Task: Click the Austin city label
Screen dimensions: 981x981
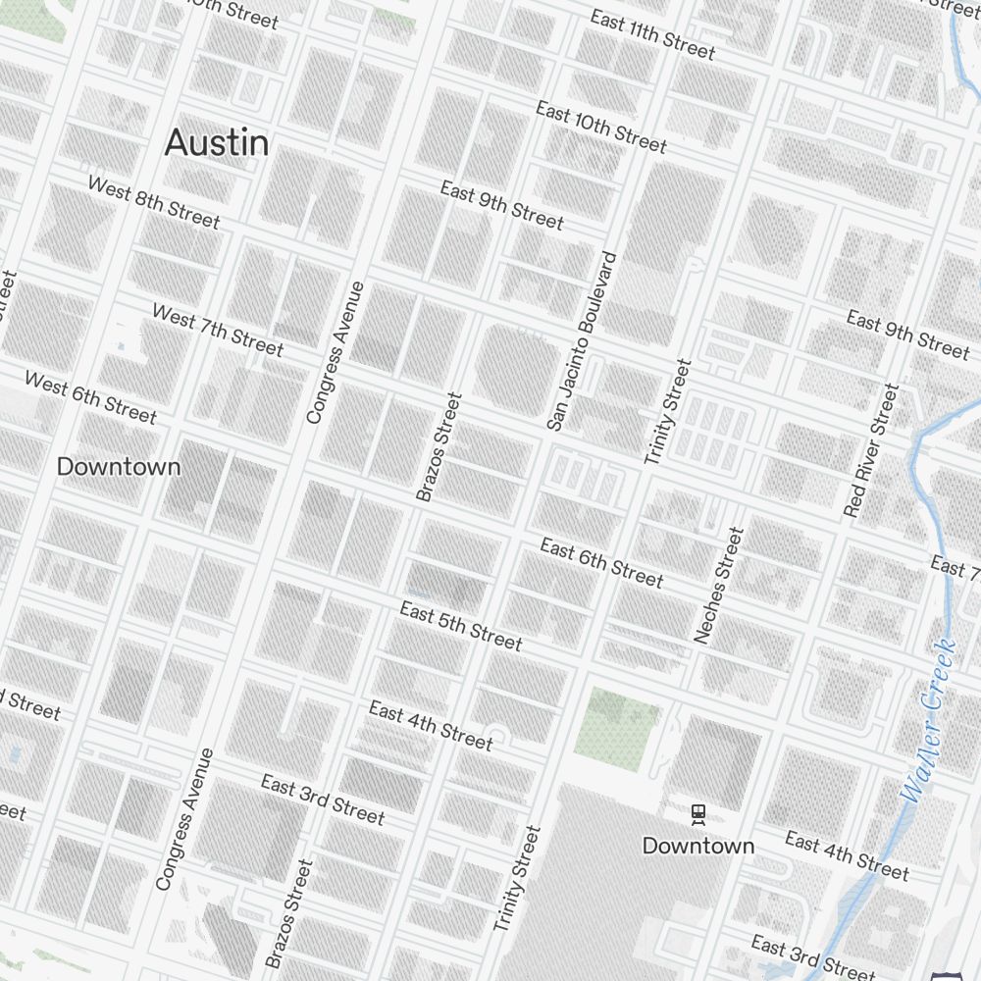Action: click(216, 143)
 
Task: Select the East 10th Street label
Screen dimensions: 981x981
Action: click(600, 127)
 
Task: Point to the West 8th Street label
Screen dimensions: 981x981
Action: click(153, 201)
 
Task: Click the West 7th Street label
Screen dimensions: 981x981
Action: click(217, 330)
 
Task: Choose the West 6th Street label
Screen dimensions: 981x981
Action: click(90, 397)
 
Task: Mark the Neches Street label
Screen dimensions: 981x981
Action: click(719, 585)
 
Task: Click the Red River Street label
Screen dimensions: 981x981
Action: click(871, 450)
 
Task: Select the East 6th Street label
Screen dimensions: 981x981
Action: click(601, 562)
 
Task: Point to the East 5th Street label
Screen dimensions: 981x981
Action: click(460, 625)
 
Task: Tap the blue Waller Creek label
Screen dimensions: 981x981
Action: click(928, 720)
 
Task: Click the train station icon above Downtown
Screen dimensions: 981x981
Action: click(697, 813)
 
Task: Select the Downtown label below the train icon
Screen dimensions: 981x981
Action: click(697, 846)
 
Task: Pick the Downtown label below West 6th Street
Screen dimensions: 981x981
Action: click(119, 467)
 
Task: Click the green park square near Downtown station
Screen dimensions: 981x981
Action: click(616, 724)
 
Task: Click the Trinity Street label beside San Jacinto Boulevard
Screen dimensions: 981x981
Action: click(667, 412)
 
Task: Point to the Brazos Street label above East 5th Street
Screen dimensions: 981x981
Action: click(439, 447)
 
